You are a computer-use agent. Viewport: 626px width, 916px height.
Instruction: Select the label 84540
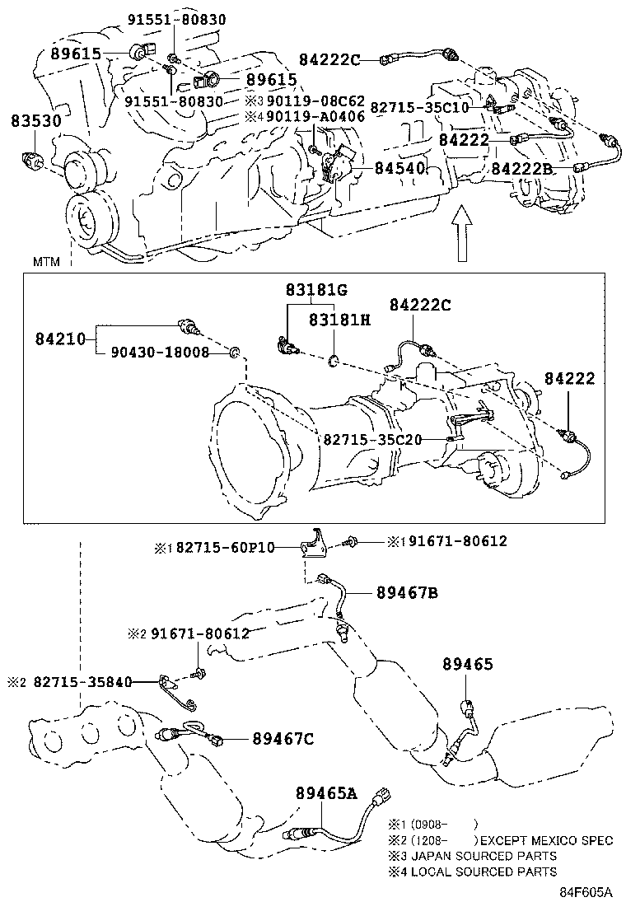[399, 168]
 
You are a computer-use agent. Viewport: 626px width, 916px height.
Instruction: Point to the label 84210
[60, 338]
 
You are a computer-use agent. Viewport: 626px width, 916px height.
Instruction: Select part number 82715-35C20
[372, 439]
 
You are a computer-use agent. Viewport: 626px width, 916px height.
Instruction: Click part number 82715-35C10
[419, 107]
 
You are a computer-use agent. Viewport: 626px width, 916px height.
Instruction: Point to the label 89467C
[283, 738]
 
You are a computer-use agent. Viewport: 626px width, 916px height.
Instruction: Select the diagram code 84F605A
[587, 892]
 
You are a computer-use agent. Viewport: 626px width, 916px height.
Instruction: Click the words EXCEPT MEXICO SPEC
[546, 841]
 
